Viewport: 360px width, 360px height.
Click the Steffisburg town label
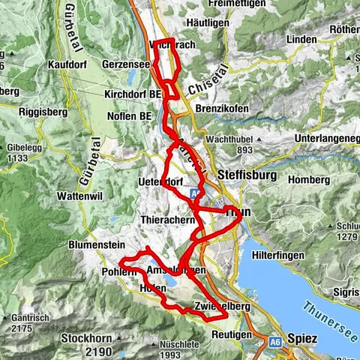(x=247, y=175)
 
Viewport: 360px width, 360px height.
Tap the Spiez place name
(x=302, y=339)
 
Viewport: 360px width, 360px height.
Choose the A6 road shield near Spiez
(x=274, y=341)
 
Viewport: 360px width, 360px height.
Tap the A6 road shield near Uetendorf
(x=197, y=192)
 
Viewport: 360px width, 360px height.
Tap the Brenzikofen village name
(x=226, y=108)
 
